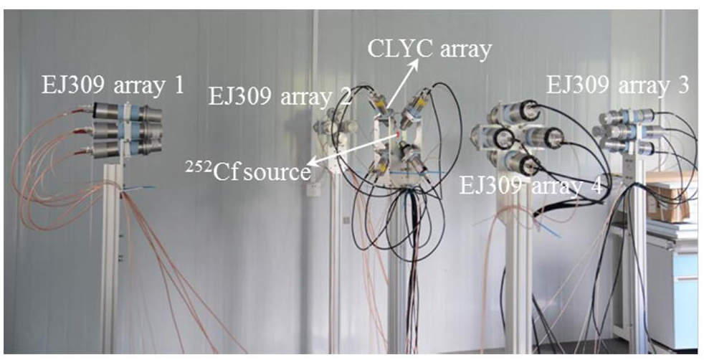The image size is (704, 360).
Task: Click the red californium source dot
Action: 398,134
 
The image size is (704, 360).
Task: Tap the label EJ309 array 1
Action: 113,85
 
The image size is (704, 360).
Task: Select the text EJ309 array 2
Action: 280,96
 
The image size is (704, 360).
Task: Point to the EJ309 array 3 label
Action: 617,84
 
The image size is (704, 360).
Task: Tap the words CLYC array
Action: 429,49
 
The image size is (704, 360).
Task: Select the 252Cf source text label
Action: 249,171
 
